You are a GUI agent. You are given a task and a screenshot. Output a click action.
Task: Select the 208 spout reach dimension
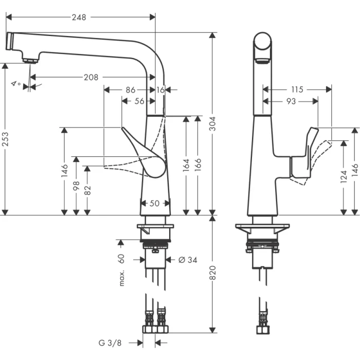coord(91,77)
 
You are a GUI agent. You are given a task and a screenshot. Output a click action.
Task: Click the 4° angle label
coord(16,84)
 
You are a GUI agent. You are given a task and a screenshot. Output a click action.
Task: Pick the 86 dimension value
coord(131,89)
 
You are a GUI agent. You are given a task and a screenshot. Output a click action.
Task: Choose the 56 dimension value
coord(139,101)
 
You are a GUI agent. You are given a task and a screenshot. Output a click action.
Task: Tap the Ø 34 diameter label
coord(188,260)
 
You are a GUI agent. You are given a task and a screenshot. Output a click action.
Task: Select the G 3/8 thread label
coord(111,342)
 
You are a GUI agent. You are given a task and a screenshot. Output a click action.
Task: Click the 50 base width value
coord(154,203)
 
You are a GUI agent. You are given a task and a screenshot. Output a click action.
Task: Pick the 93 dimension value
coord(291,101)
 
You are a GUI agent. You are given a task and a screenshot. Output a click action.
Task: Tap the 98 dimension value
coord(77,185)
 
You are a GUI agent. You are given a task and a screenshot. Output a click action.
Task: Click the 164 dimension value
coord(186,165)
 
